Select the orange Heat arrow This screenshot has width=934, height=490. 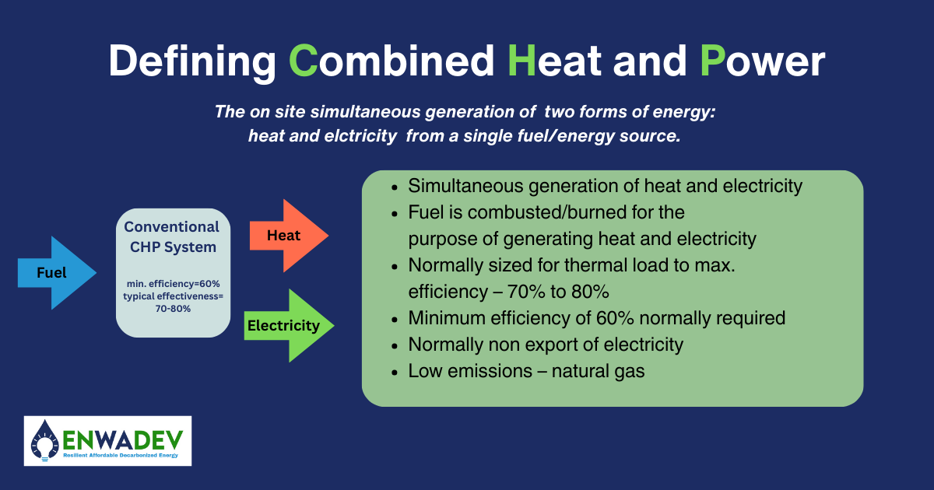coord(289,236)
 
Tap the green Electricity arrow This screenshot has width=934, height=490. coord(289,325)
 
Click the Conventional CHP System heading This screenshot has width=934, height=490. coord(172,236)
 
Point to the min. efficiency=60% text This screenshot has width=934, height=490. coord(173,284)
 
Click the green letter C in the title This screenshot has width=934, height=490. coord(303,61)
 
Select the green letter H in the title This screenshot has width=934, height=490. coord(521,61)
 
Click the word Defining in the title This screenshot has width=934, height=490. coord(191,62)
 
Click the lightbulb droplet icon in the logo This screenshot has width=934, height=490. coord(44,441)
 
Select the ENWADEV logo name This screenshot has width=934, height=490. coord(123,439)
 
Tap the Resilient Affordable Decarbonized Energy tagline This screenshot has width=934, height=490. coord(121,455)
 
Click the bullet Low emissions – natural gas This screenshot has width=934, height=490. coord(526,371)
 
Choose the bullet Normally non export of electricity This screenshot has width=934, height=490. coord(546,345)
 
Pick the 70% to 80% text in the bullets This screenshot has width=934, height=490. coord(558,292)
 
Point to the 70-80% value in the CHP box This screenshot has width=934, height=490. coord(173,309)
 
